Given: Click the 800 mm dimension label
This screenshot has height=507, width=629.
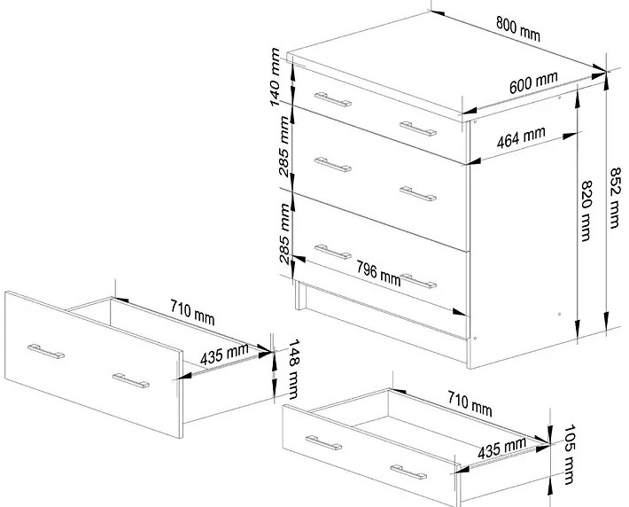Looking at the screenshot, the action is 518,29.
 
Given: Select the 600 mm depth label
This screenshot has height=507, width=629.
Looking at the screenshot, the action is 533,82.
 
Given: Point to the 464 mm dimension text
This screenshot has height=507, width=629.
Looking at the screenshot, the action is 521,137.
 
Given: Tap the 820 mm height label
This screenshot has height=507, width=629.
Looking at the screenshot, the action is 586,211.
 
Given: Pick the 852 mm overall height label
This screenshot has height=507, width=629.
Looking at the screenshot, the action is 615,199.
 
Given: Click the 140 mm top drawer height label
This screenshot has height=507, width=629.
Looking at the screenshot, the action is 276,77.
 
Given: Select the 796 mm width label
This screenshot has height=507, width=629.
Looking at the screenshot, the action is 378,274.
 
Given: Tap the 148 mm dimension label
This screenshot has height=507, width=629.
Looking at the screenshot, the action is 293,370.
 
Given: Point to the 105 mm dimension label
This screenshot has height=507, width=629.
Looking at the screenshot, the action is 570,455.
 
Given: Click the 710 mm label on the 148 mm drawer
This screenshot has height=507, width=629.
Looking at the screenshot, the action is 192,312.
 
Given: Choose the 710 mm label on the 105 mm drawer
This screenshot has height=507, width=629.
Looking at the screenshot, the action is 470,404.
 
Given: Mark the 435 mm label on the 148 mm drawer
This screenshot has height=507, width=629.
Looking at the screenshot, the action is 224,355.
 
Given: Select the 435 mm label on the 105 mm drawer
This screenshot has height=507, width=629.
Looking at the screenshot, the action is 501,448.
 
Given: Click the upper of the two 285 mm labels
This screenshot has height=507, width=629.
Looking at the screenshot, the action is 284,146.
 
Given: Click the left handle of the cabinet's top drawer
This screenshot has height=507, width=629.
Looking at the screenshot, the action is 333,99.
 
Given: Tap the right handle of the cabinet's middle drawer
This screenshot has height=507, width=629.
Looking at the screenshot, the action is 418,193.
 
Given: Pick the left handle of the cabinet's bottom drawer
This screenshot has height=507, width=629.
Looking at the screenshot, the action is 333,252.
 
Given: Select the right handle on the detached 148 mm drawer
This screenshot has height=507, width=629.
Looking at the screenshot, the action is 131,381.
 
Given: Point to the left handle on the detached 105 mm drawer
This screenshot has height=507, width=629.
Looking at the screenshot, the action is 323,443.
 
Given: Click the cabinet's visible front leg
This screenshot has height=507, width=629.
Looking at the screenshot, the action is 300,295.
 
